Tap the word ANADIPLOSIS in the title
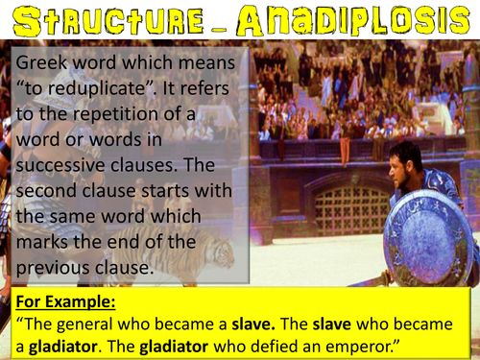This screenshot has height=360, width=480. (x=354, y=21)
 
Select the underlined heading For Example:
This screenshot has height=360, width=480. (x=64, y=302)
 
